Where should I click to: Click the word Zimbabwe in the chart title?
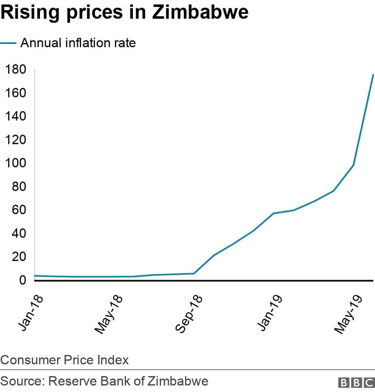coord(200,13)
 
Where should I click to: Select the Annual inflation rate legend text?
coord(78,43)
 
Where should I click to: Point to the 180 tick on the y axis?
coord(15,70)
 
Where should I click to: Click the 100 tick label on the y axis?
coord(15,163)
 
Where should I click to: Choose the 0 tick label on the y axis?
coord(23,281)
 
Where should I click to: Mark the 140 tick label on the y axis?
coord(15,117)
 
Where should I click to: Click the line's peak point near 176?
coord(373,74)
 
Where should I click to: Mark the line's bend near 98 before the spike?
coord(353,165)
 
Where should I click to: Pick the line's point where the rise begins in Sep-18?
coord(194,273)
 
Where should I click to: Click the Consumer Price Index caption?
coord(64,360)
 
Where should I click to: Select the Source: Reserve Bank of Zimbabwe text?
coord(104,381)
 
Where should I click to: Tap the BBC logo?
coord(356,382)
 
